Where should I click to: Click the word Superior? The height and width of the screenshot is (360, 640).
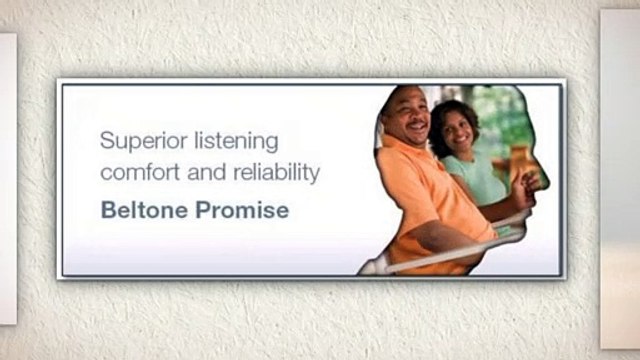pos(137,140)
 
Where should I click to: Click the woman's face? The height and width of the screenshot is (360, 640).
pos(457,130)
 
